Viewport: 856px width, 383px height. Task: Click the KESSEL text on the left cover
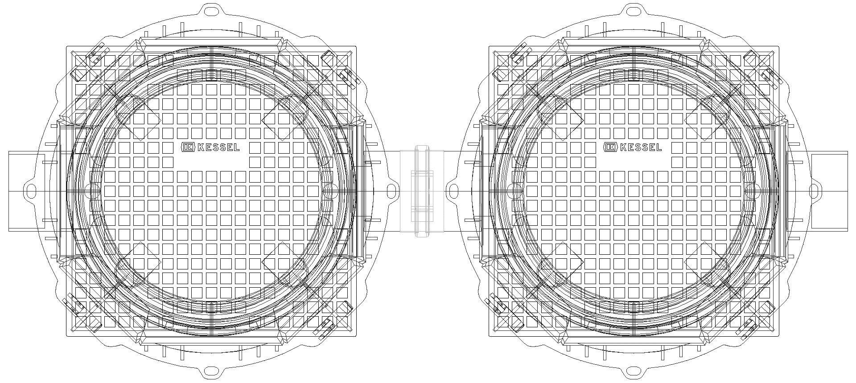pos(218,147)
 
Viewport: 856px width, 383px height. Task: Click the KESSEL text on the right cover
pos(641,147)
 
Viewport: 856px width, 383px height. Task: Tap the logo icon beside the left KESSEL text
pos(188,147)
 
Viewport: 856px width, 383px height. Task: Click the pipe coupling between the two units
pos(424,191)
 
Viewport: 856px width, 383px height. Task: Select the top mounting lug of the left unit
pos(212,10)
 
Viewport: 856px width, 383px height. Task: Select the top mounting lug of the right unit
pos(634,10)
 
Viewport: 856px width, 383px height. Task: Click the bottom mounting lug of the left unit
pos(212,371)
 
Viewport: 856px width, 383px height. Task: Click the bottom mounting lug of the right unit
pos(634,371)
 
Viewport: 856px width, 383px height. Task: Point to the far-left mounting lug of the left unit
pos(30,191)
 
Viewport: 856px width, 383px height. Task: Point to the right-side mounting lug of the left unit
pos(392,191)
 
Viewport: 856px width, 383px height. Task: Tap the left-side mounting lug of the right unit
pos(453,191)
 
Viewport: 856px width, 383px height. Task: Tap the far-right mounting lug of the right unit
pos(815,191)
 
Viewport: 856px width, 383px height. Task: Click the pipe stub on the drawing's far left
pos(26,191)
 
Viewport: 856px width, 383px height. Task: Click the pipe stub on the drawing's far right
pos(829,191)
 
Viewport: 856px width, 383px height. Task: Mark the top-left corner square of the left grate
pos(81,60)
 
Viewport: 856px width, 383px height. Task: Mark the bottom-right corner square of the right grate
pos(765,322)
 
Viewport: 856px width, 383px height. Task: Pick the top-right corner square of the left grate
pos(342,60)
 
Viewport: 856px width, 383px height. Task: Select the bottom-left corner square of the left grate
pos(81,322)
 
